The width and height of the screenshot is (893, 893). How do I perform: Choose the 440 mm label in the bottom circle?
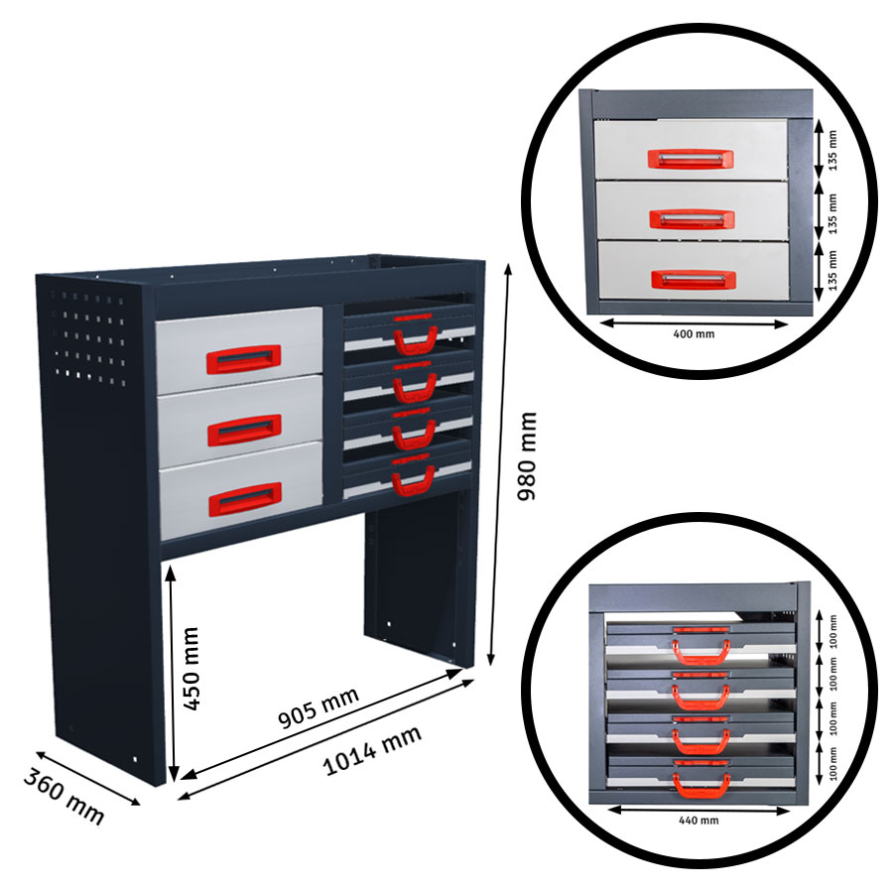coord(701,821)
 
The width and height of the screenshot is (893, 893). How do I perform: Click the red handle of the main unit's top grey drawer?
coord(243,358)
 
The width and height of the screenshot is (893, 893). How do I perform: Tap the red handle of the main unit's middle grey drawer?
coord(243,429)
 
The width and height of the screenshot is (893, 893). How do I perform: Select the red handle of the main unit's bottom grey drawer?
coord(243,498)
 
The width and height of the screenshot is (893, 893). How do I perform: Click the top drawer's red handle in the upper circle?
coord(691,159)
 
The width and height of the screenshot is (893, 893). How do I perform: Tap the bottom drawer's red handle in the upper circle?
coord(691,279)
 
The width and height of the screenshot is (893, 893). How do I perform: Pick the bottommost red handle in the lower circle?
coord(702,778)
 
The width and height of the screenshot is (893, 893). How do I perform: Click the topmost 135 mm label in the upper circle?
coord(830,148)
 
